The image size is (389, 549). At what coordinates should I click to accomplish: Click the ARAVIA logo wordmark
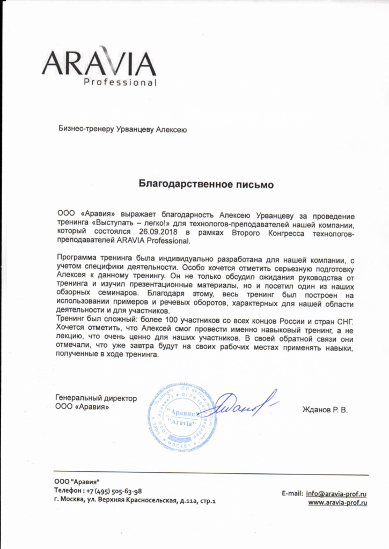pos(99,63)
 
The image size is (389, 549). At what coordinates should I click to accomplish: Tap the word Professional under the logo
pos(120,83)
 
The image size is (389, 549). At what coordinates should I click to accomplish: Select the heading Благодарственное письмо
pos(207,185)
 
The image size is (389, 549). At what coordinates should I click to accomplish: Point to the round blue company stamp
pos(182,417)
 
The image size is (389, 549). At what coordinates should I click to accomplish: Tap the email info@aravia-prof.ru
pos(336,493)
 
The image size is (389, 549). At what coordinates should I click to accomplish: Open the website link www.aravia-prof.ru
pos(337,503)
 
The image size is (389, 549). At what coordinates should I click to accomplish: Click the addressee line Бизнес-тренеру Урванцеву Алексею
pos(122,129)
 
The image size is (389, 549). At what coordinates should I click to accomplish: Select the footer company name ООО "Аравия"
pos(77,481)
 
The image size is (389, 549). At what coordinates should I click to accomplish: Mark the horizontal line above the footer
pos(211,474)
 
